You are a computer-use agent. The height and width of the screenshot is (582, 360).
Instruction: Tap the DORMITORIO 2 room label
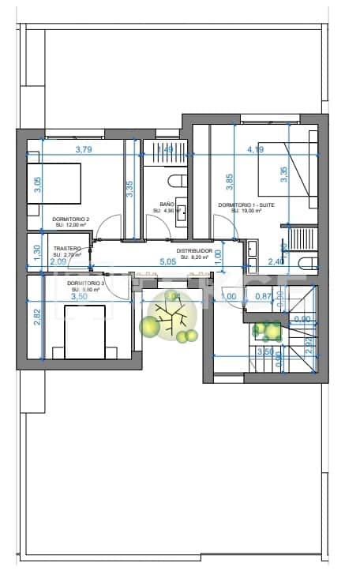70,221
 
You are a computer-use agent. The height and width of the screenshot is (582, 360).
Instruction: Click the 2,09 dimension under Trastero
58,262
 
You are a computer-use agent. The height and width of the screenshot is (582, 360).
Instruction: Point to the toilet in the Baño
177,178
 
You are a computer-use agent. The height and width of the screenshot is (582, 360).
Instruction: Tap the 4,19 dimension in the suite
255,149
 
